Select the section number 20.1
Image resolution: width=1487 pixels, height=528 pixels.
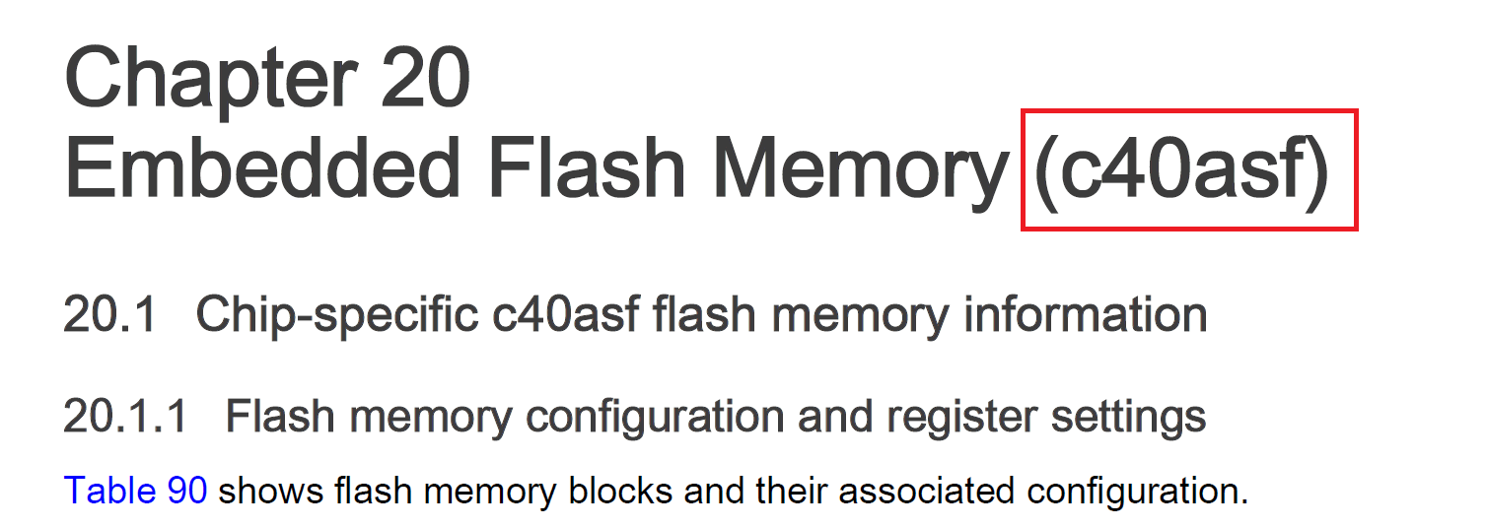pos(109,316)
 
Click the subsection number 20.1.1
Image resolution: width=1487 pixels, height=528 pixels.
pos(124,417)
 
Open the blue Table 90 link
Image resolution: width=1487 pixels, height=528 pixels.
pos(135,490)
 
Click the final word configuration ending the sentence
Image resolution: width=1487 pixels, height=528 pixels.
pos(1132,490)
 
